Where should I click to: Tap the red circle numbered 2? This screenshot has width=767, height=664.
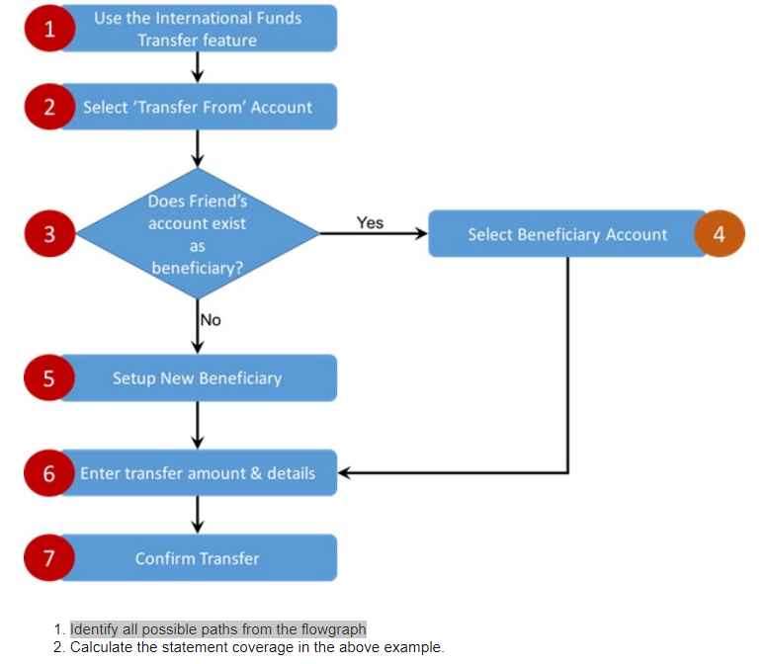click(x=49, y=107)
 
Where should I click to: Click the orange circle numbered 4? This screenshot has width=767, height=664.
click(x=719, y=234)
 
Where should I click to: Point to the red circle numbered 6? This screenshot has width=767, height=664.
click(x=49, y=472)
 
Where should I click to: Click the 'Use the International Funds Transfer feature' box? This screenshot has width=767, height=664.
click(x=198, y=29)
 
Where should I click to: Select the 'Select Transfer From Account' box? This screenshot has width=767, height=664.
click(x=198, y=107)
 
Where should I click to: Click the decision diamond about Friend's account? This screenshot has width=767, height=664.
click(x=198, y=234)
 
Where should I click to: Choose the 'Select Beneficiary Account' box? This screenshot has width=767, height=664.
click(x=566, y=234)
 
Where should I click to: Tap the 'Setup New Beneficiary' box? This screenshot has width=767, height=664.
click(x=198, y=377)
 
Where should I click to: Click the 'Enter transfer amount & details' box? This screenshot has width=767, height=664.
click(x=198, y=472)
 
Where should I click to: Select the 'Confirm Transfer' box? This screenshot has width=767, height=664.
click(x=198, y=558)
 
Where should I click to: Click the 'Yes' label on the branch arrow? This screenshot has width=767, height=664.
click(x=370, y=222)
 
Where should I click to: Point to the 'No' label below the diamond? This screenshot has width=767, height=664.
click(x=211, y=319)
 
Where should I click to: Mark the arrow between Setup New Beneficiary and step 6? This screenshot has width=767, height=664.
click(x=198, y=425)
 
